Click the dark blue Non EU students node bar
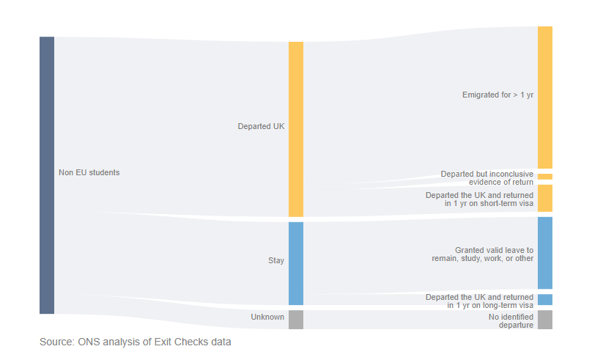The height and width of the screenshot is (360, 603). click(x=47, y=175)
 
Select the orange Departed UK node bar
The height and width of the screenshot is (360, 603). click(x=295, y=129)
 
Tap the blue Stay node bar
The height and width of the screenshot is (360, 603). click(x=295, y=263)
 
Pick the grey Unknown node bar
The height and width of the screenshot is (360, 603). click(x=295, y=320)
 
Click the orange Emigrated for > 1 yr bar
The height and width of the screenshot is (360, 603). click(x=544, y=97)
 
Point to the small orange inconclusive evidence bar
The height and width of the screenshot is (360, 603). click(x=544, y=177)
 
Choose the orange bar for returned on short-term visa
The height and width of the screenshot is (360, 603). click(x=544, y=198)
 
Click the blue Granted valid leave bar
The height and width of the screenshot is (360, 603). click(x=544, y=252)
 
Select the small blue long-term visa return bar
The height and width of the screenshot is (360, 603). click(x=544, y=299)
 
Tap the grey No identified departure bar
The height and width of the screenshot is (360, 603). click(x=544, y=320)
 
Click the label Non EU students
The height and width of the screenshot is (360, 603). click(x=89, y=172)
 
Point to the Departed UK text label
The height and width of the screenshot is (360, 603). click(x=261, y=126)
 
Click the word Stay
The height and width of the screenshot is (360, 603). click(x=276, y=260)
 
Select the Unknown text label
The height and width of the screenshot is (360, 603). click(x=267, y=317)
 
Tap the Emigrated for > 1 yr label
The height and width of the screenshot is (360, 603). click(x=497, y=95)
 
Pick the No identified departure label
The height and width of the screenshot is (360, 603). click(x=511, y=321)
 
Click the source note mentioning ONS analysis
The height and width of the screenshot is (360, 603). click(x=135, y=342)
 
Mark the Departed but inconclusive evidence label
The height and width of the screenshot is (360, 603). click(x=487, y=178)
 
